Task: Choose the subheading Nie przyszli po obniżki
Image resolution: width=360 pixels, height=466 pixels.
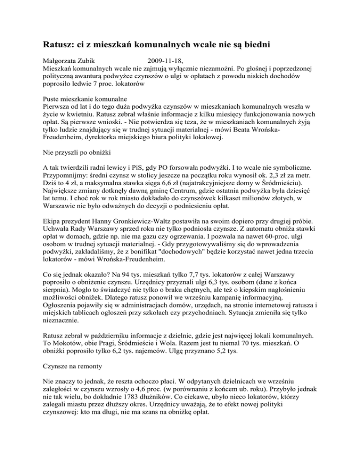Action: (x=75, y=153)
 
